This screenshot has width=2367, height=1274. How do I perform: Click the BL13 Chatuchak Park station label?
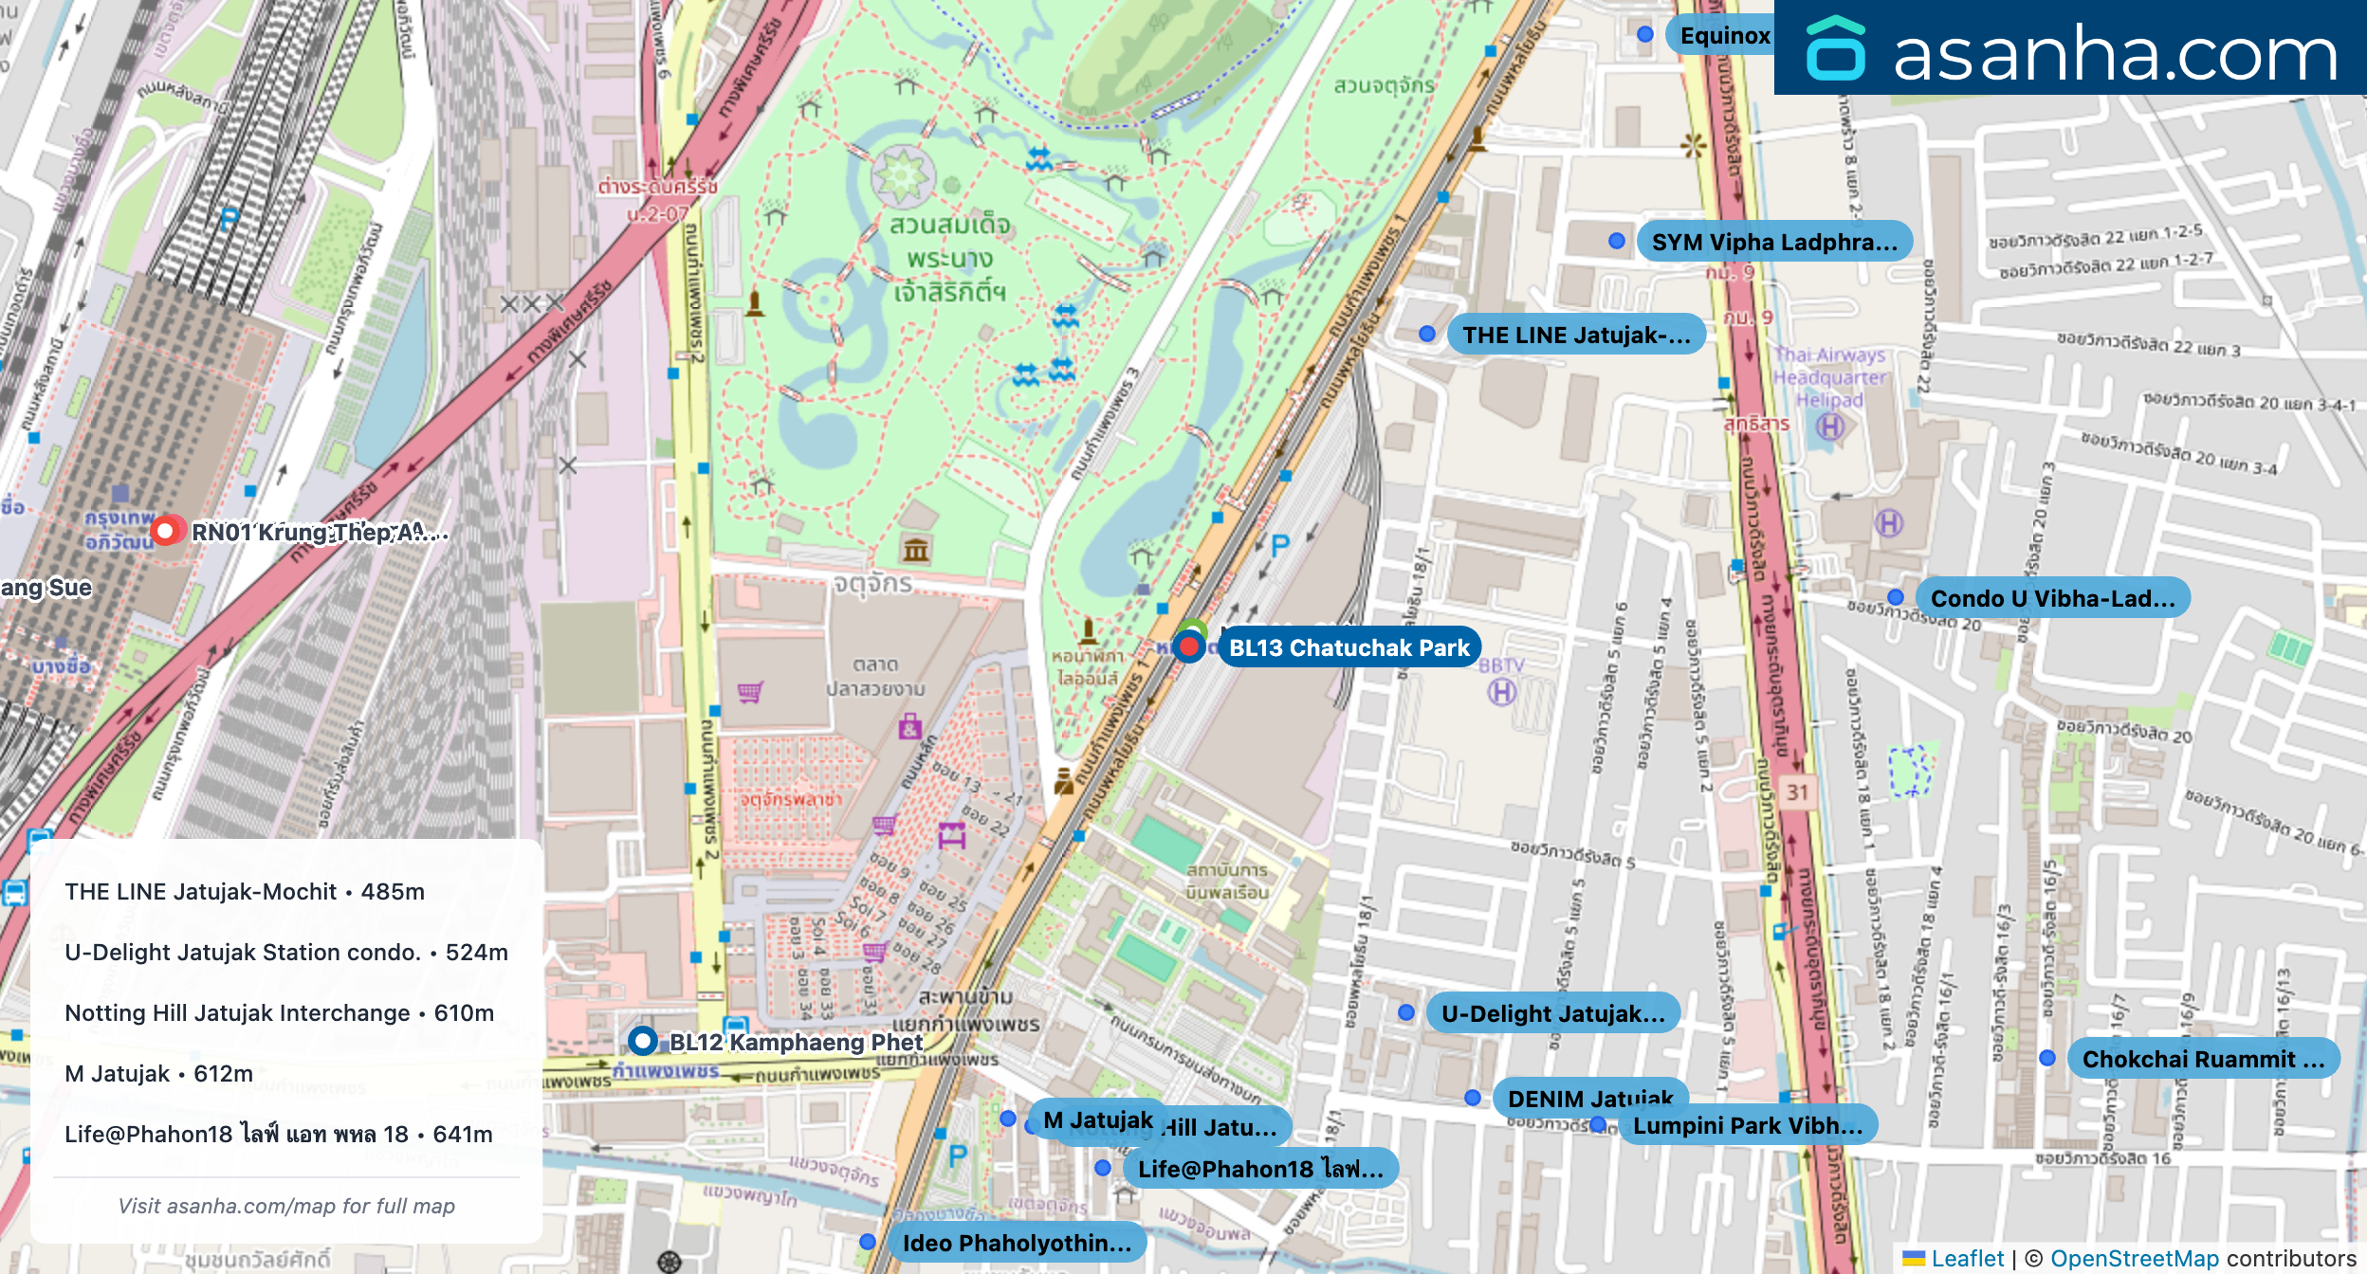pos(1349,647)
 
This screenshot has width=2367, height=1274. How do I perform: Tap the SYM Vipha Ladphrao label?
pos(1773,242)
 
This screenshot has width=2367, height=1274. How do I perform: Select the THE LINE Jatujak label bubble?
pos(1575,335)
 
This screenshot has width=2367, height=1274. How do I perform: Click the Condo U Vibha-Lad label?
pos(2052,598)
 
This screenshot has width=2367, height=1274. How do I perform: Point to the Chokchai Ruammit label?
pos(2202,1059)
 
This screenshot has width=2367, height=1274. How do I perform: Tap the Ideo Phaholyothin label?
pos(1016,1243)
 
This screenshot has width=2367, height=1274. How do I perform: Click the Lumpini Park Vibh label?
pos(1747,1126)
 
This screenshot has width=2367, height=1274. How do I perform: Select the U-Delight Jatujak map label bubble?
pos(1552,1013)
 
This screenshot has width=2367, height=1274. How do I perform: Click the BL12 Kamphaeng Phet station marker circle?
pos(643,1041)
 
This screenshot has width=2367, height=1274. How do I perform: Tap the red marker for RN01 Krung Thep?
pos(166,531)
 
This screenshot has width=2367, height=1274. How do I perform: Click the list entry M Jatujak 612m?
pos(158,1073)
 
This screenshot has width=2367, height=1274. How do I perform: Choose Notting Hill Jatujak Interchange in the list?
pos(279,1012)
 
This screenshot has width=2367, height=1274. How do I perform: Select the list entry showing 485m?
pos(245,891)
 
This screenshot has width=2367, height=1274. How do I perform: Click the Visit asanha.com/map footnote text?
pos(286,1206)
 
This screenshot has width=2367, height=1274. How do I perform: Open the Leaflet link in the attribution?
pos(1967,1258)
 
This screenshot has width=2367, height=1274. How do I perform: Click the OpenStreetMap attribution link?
pos(2134,1258)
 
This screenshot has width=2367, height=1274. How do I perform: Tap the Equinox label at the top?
pos(1724,35)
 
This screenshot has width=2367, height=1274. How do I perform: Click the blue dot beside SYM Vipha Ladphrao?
pos(1617,241)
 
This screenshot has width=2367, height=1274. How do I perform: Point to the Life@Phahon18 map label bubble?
pos(1259,1169)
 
